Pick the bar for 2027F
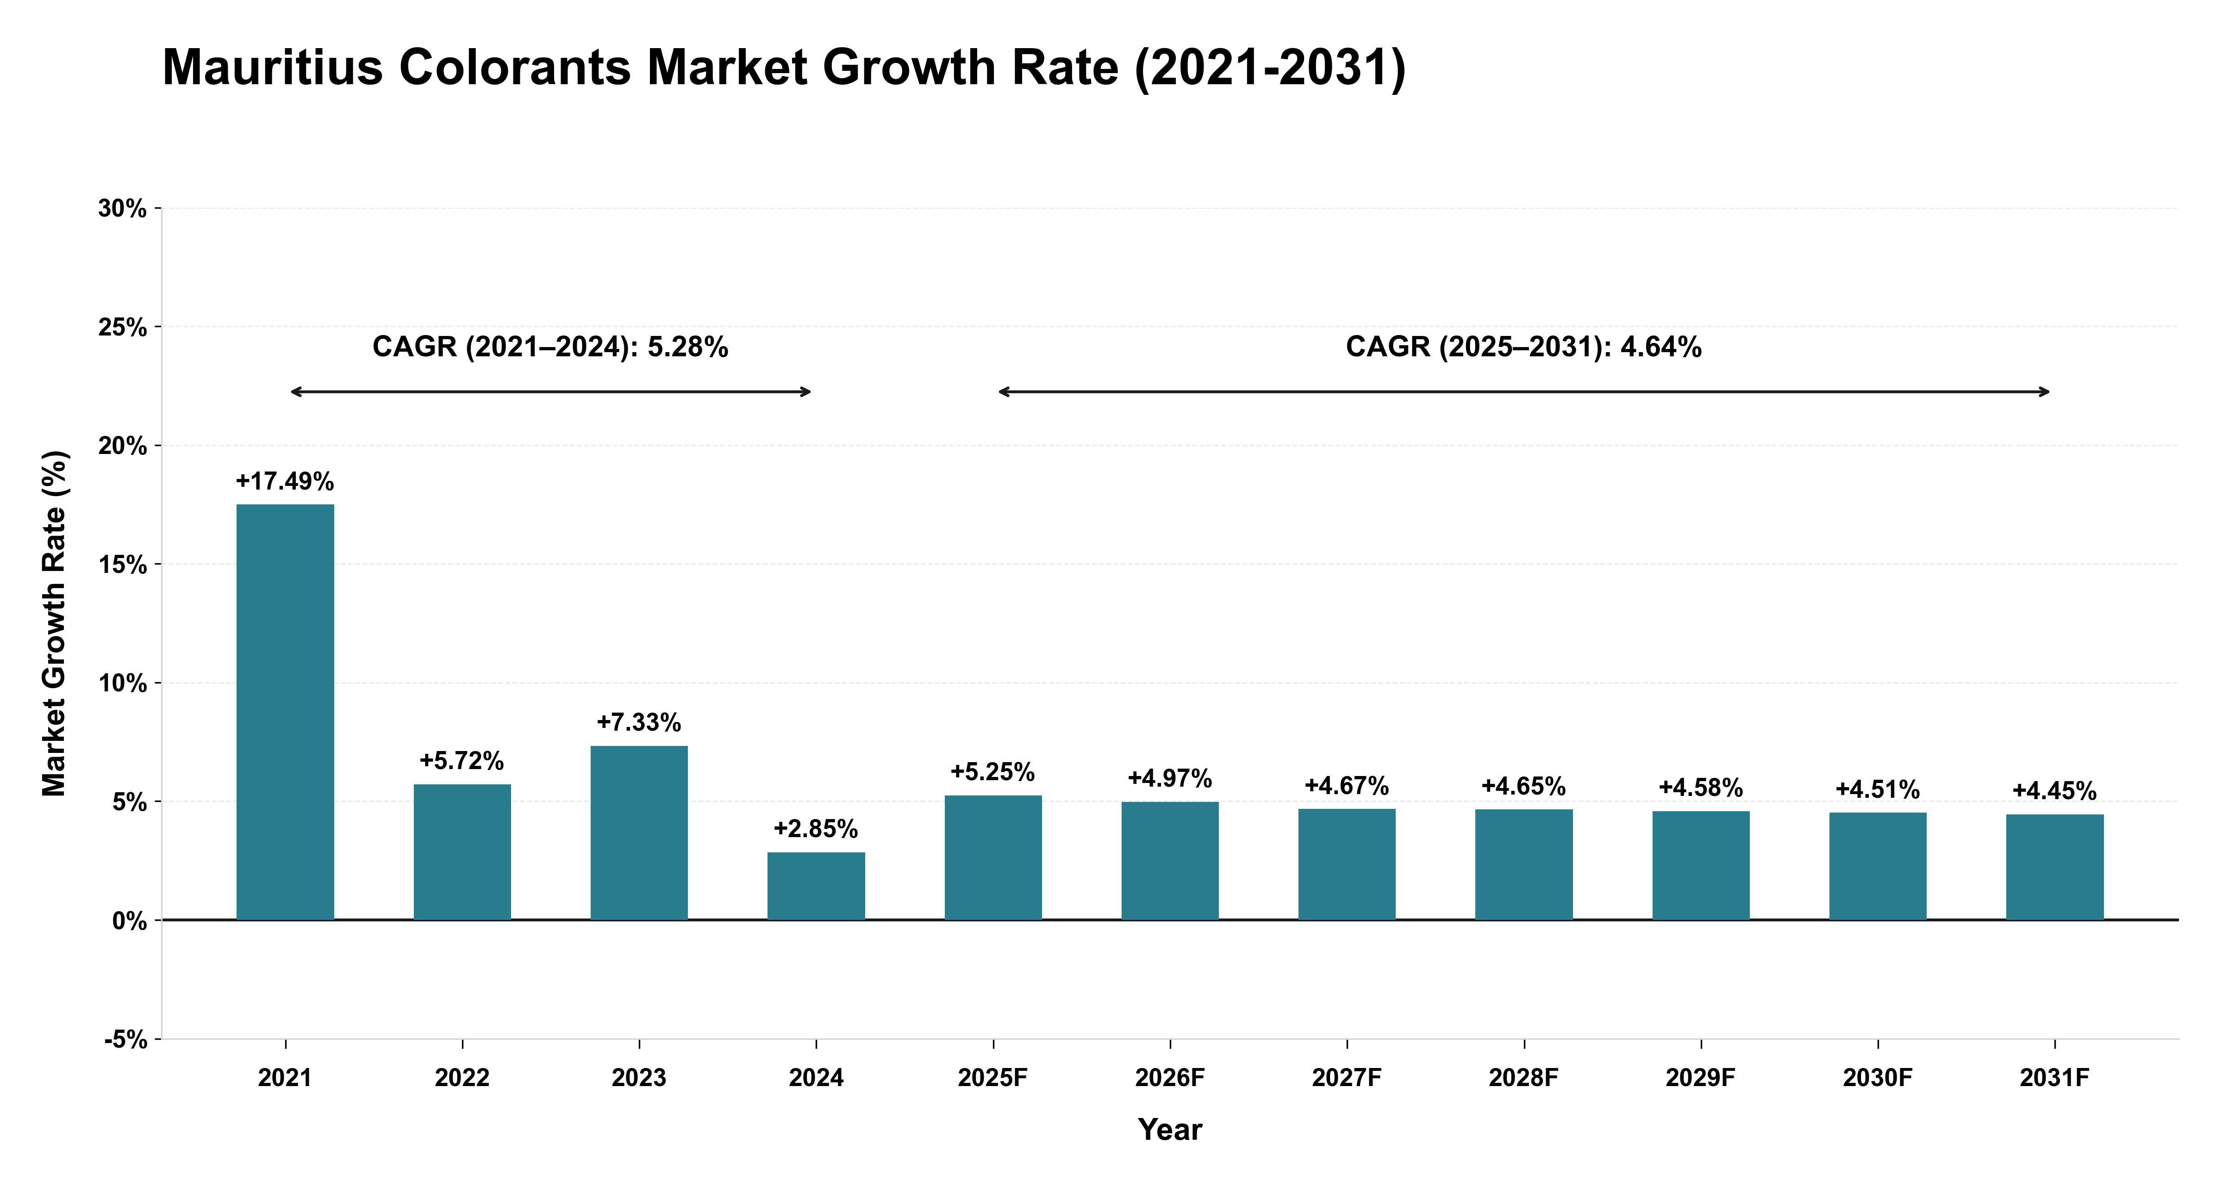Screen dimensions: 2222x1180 [1347, 864]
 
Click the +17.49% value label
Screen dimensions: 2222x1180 [285, 481]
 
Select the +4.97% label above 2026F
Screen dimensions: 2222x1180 [1170, 779]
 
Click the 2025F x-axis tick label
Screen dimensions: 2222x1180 [993, 1078]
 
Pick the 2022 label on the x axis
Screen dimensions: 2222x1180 [462, 1078]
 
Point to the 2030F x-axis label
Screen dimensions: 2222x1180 [1878, 1078]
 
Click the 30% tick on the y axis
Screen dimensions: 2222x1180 [123, 209]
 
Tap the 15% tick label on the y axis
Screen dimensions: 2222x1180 [123, 565]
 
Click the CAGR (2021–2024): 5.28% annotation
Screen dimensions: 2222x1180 [550, 347]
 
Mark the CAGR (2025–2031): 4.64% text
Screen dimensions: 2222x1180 [1523, 347]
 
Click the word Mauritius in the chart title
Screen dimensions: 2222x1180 [273, 67]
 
